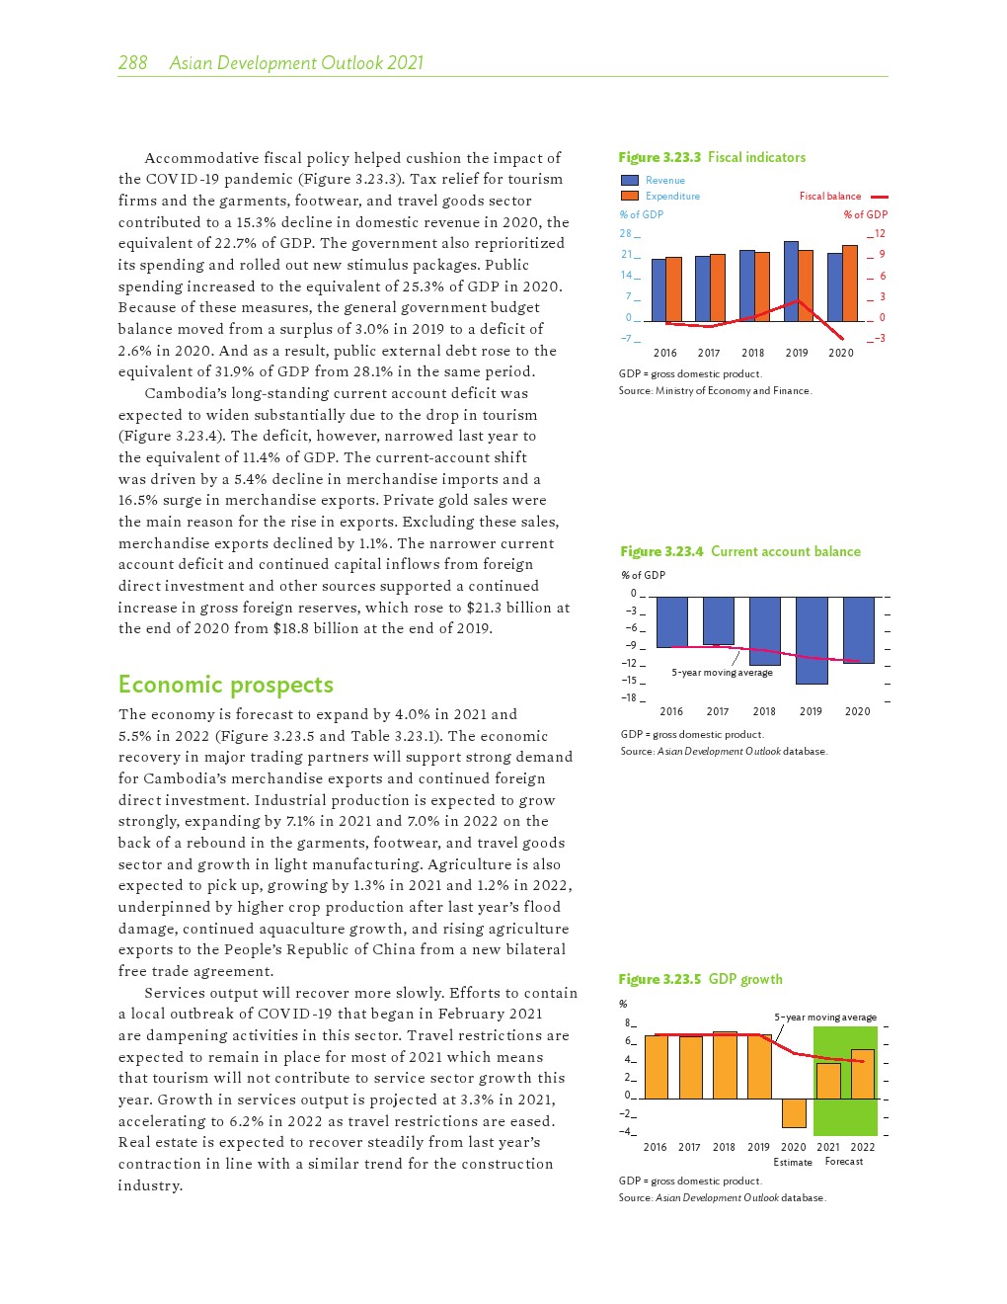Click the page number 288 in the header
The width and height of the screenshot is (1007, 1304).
132,63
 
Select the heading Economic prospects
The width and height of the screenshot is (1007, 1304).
225,685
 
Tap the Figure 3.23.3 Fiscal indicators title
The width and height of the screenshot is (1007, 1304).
712,157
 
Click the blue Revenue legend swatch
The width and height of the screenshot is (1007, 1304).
629,180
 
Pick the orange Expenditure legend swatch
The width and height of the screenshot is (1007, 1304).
629,196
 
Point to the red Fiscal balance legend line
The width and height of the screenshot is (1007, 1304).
879,197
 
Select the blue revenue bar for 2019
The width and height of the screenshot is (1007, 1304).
791,281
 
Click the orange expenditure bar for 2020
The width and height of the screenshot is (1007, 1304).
849,283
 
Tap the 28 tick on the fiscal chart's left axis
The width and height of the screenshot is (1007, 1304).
625,234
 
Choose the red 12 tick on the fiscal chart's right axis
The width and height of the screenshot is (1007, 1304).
880,234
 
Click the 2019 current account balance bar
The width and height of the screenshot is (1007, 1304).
812,640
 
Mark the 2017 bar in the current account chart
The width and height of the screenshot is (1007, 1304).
718,620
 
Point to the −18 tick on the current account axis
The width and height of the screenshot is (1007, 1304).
629,697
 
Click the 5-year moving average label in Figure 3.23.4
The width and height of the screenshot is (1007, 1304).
722,673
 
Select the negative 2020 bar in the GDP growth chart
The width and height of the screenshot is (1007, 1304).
794,1113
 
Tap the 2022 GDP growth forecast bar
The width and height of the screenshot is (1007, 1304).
862,1074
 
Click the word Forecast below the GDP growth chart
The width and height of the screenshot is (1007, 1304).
844,1162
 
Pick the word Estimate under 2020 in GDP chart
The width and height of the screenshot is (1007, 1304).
793,1162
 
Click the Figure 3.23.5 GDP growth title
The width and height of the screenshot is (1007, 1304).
700,979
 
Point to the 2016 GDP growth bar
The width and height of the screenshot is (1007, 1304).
656,1067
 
